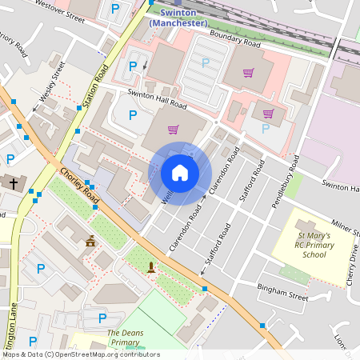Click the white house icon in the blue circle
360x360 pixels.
180,172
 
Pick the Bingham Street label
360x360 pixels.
282,290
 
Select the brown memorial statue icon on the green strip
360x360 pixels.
151,267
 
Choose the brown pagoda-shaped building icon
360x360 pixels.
90,241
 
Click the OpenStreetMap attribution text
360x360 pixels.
80,354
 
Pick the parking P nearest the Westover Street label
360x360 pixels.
117,9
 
